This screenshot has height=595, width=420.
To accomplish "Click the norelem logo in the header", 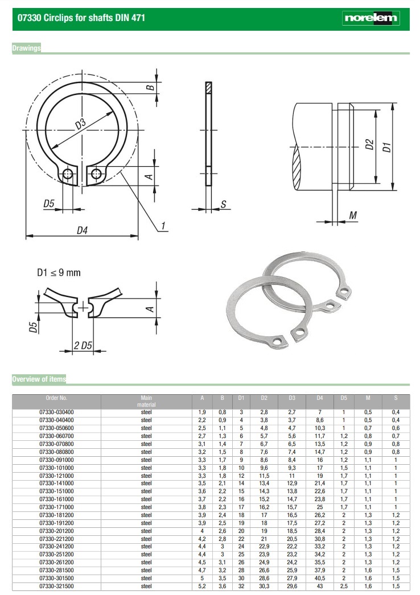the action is [370, 18].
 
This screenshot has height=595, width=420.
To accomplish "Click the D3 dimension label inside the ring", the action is [80, 124].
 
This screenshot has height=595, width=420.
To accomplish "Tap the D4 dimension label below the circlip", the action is [82, 230].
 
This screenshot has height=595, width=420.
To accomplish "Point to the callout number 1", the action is [163, 226].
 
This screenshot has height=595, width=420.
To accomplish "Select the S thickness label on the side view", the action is [223, 204].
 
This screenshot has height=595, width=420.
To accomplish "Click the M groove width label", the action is [353, 215].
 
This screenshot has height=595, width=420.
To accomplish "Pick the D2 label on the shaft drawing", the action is [369, 144].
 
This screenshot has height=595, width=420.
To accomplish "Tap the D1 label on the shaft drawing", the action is [386, 147].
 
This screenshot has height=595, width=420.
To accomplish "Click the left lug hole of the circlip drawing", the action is [68, 174].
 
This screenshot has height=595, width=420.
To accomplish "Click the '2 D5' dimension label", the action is [83, 345].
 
